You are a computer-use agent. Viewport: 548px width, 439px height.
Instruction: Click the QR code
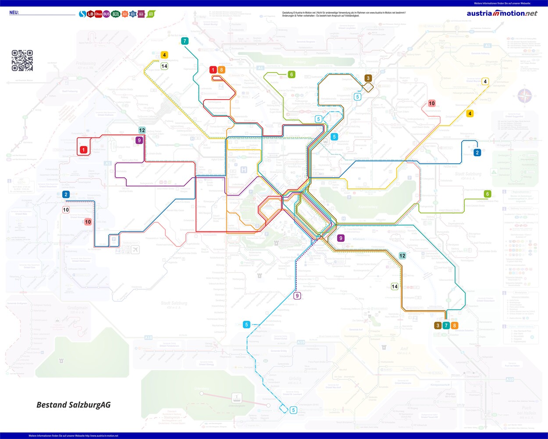tap(22, 61)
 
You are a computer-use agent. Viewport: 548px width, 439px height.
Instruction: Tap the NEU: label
tap(14, 13)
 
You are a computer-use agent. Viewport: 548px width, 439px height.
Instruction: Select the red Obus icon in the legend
tap(98, 14)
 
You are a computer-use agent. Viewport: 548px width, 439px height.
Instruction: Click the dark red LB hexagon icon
tap(90, 14)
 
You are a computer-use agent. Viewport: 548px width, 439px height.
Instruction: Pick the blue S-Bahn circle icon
tap(82, 14)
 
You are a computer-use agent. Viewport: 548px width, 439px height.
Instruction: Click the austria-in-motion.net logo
tap(502, 13)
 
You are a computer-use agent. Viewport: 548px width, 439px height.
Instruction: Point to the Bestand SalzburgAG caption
tap(73, 405)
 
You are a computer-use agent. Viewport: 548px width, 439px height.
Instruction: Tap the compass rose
tap(525, 96)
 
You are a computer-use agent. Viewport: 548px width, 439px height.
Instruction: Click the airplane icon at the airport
tap(135, 250)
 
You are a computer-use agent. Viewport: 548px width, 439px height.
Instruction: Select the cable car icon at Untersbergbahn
tap(237, 398)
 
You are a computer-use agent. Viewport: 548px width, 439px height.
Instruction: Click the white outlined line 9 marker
tap(297, 295)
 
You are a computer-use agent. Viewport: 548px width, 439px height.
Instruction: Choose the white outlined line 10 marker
tap(66, 210)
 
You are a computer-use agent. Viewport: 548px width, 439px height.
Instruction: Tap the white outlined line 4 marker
tap(485, 81)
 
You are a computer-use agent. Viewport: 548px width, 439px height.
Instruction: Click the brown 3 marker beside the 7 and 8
tap(438, 325)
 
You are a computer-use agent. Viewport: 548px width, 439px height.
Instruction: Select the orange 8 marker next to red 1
tap(221, 70)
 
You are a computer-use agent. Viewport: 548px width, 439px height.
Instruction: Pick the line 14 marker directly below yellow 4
tap(164, 66)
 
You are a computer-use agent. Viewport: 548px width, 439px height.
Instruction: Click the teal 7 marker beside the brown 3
tap(446, 325)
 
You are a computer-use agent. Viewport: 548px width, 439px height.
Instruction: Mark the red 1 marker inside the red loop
tap(83, 150)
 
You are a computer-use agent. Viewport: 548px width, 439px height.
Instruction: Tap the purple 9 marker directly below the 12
tap(139, 140)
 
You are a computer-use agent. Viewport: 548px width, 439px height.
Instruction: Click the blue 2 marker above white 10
tap(66, 194)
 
